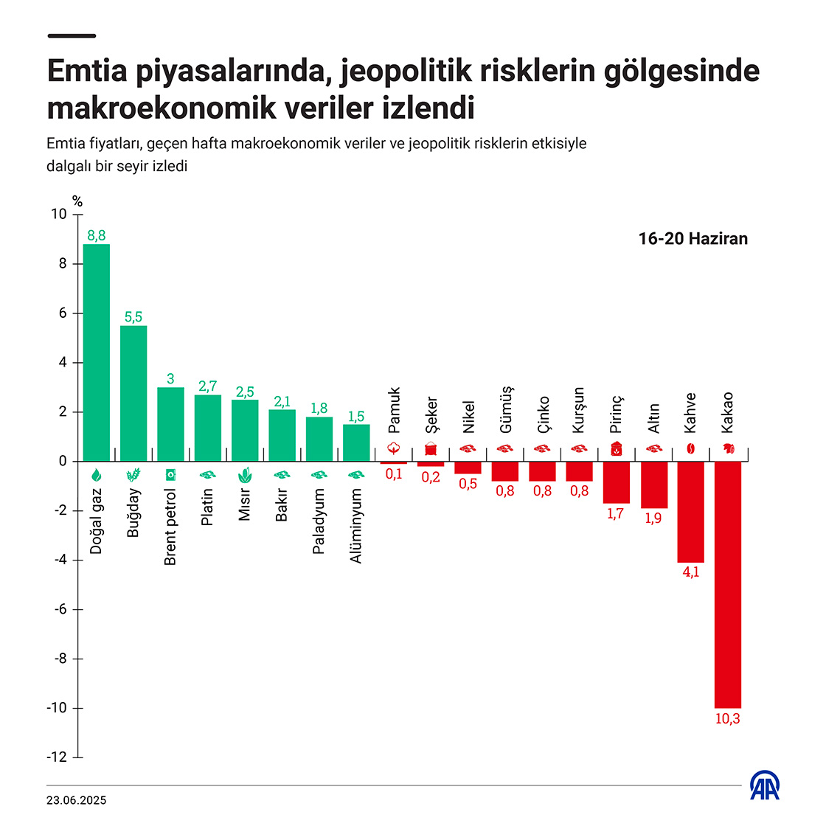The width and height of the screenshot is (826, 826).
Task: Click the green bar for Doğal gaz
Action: tap(97, 353)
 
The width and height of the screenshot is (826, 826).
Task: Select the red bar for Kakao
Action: tap(727, 584)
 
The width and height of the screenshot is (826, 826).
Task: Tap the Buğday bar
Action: tap(133, 393)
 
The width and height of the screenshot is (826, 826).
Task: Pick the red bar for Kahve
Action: tap(690, 512)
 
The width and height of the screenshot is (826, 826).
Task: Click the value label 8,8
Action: tap(97, 236)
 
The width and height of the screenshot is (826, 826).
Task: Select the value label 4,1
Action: tap(690, 572)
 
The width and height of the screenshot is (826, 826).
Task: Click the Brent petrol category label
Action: tap(170, 527)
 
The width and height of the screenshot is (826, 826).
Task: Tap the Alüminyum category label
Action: tap(356, 526)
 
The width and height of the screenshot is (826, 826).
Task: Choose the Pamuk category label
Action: tap(394, 411)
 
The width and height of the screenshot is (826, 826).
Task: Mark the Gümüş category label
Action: tap(505, 409)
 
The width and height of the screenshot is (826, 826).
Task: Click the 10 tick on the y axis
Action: tap(58, 215)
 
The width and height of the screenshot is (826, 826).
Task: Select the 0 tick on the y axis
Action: tap(63, 462)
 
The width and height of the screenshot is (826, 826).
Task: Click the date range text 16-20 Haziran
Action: tap(693, 239)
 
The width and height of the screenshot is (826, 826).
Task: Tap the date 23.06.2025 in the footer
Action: tap(77, 800)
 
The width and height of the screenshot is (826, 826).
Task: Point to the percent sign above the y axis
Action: tap(77, 201)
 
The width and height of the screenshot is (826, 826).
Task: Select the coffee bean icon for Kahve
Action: tap(690, 448)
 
